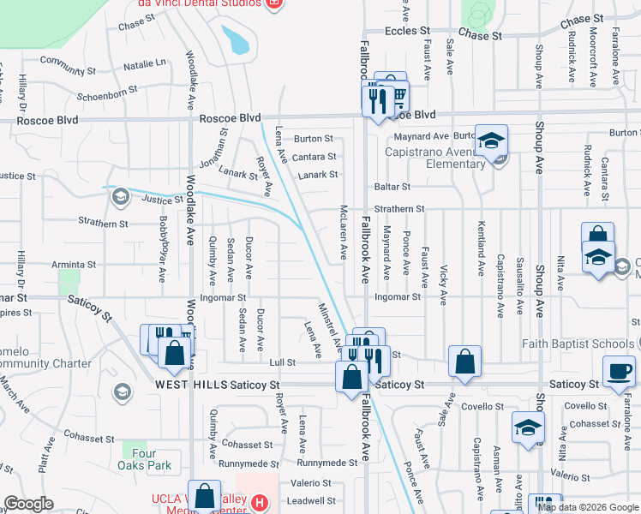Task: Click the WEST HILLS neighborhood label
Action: coord(191,385)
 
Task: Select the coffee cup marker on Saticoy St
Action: coord(619,372)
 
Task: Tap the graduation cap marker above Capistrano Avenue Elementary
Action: coord(492,141)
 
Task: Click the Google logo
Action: coord(28,504)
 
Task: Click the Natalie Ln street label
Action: coord(144,63)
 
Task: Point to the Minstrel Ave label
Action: coord(327,320)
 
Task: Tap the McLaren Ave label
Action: coord(344,234)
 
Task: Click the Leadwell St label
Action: coord(311,500)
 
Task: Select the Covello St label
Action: coord(585,406)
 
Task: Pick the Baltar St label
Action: coord(392,186)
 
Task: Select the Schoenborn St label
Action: coord(107,91)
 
